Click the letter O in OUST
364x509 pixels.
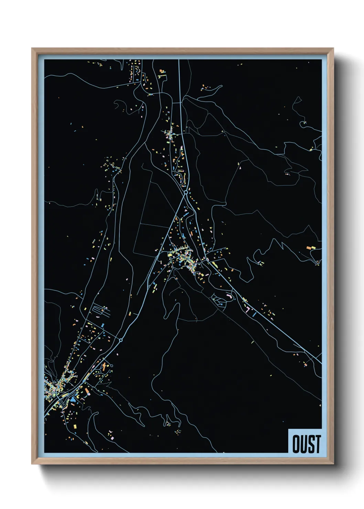tap(296, 444)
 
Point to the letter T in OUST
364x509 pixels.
tap(317, 444)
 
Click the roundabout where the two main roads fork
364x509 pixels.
tap(186, 193)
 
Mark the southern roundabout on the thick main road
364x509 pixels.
tap(121, 340)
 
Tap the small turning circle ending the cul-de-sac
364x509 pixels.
tap(111, 366)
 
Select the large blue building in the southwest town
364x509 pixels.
tap(73, 400)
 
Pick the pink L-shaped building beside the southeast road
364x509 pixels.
tap(247, 309)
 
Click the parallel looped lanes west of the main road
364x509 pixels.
tap(101, 311)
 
